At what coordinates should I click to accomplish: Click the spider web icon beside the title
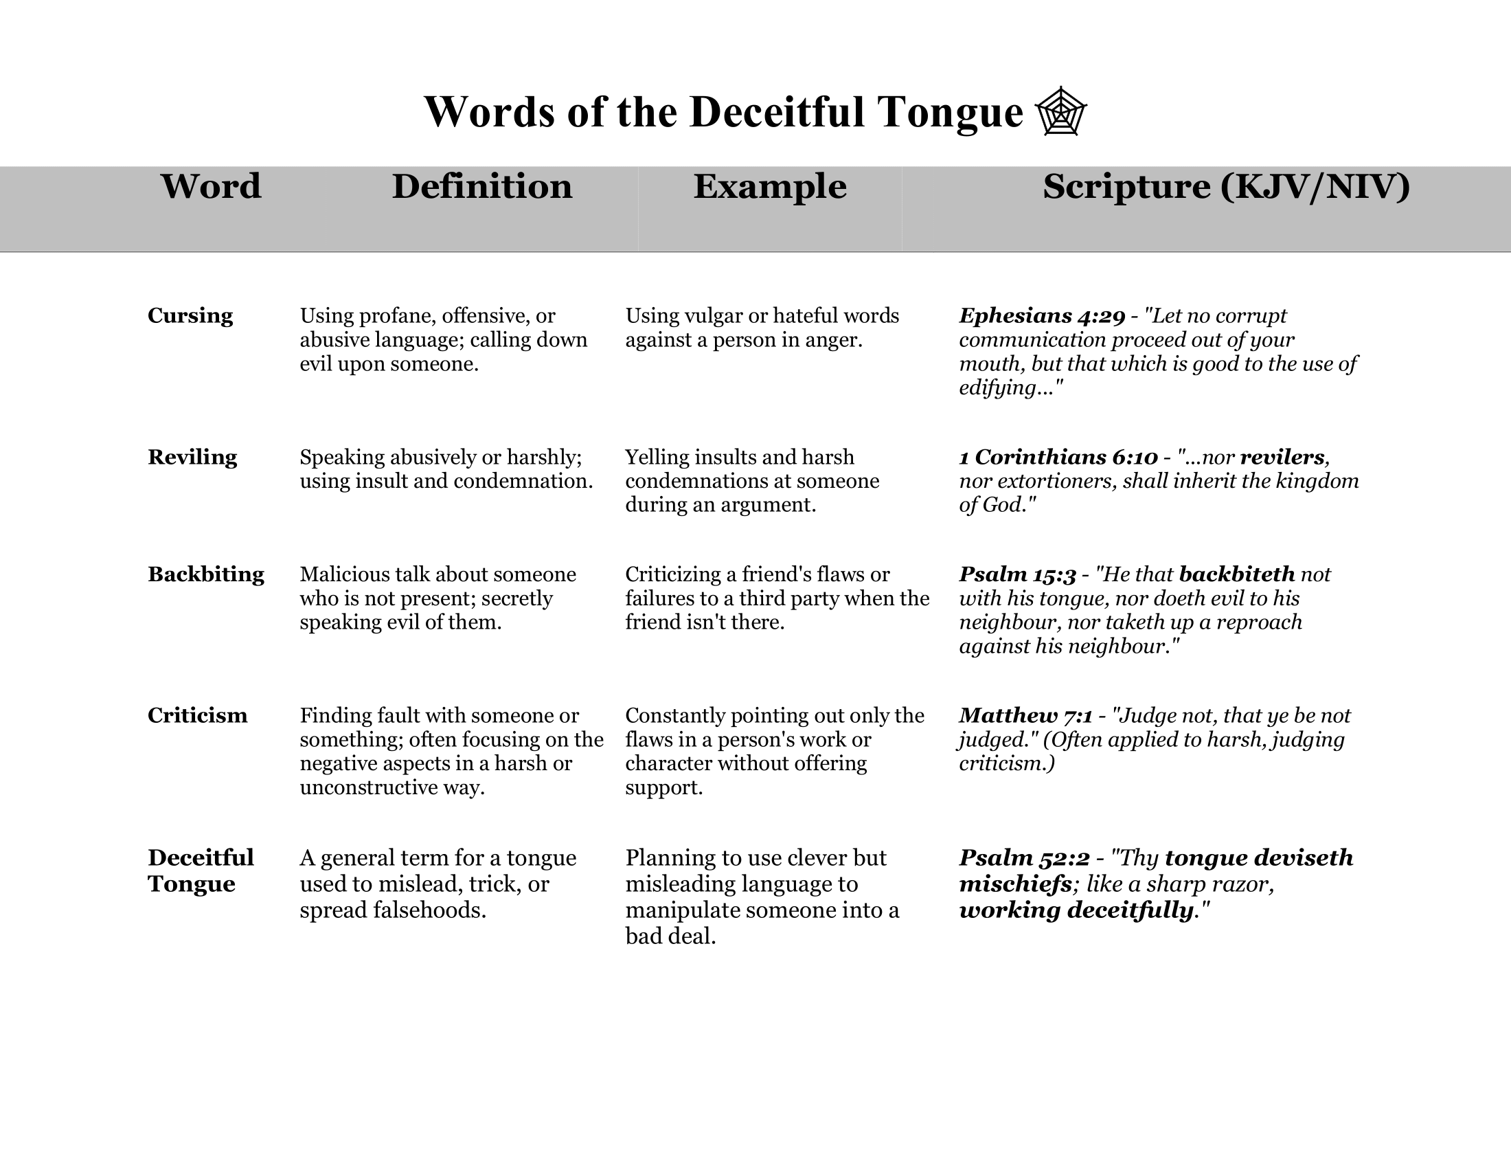coord(1060,111)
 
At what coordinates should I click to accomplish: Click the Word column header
coord(211,186)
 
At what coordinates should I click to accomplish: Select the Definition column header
coord(482,186)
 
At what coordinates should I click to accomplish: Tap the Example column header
coord(770,186)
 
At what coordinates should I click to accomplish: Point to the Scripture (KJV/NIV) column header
coord(1226,186)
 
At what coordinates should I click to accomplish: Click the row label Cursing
coord(190,315)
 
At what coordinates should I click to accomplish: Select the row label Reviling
coord(192,457)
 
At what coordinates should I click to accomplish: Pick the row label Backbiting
coord(206,574)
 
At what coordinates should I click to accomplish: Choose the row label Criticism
coord(197,715)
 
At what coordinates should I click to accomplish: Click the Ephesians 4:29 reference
coord(1042,315)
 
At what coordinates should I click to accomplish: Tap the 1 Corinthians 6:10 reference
coord(1058,457)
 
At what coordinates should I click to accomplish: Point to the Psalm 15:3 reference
coord(1017,574)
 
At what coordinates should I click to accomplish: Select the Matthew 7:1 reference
coord(1025,715)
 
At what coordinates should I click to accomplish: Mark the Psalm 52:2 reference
coord(1024,858)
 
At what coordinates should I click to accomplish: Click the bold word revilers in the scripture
coord(1282,457)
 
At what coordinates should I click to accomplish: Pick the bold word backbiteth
coord(1236,574)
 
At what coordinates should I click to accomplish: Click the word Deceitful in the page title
coord(777,111)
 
